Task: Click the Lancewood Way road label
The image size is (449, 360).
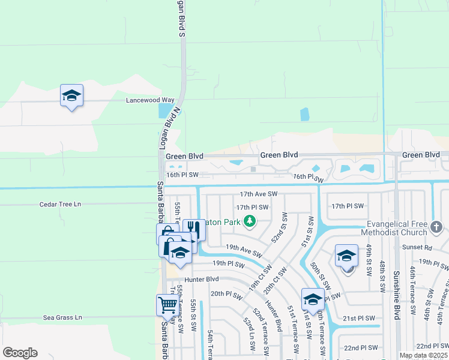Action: pyautogui.click(x=150, y=100)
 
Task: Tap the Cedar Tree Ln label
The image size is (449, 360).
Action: pyautogui.click(x=59, y=204)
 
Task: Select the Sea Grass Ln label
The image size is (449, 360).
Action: pyautogui.click(x=62, y=317)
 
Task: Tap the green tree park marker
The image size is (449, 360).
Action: pyautogui.click(x=249, y=223)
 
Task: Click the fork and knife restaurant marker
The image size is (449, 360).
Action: pyautogui.click(x=193, y=229)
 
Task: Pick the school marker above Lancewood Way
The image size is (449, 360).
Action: pyautogui.click(x=71, y=95)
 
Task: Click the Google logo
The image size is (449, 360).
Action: pyautogui.click(x=20, y=353)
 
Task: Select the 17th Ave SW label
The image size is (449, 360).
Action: pyautogui.click(x=258, y=194)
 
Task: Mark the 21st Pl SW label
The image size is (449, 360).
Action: pyautogui.click(x=360, y=318)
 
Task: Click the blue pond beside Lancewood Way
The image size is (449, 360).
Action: pyautogui.click(x=163, y=110)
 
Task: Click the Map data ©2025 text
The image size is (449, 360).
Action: pyautogui.click(x=423, y=355)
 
